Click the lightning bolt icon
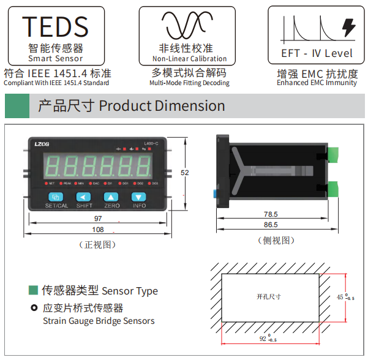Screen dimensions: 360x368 [348, 27]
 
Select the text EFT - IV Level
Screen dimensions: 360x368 [317, 53]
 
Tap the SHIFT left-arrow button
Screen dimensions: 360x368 [83, 197]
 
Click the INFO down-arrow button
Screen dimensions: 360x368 [140, 197]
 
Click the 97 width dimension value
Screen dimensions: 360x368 [98, 219]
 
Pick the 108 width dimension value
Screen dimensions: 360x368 [98, 230]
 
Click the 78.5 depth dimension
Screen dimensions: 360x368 [271, 214]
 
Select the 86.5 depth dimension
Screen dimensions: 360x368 [271, 225]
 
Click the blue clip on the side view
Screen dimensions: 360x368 [215, 193]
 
